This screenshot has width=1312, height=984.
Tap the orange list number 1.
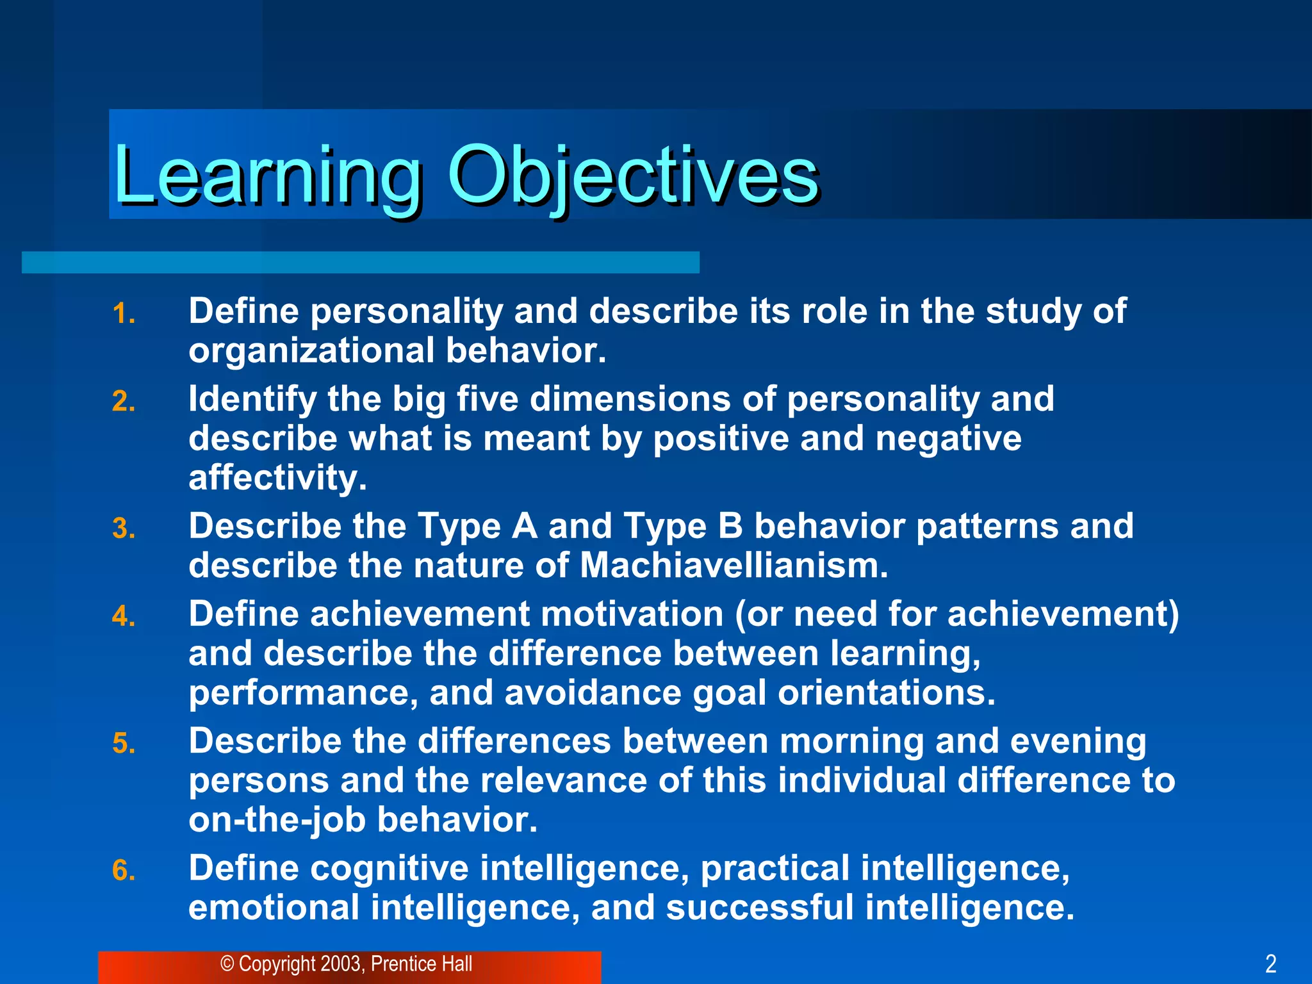point(123,314)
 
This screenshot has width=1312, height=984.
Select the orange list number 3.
point(123,529)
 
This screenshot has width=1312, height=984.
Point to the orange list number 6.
point(123,871)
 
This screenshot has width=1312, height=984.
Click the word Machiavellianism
point(734,566)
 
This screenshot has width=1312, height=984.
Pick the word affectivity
point(277,478)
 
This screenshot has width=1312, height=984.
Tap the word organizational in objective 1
point(311,351)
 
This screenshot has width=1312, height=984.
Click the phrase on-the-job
point(277,820)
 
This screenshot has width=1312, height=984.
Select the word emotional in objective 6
point(274,908)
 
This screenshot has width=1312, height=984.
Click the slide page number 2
point(1271,963)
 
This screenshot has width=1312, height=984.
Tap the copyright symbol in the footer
point(227,964)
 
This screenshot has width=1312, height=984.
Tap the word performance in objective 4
point(303,693)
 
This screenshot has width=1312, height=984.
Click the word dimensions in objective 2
point(630,399)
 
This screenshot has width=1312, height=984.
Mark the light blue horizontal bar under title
point(360,263)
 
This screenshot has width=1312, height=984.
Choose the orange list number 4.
point(123,617)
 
